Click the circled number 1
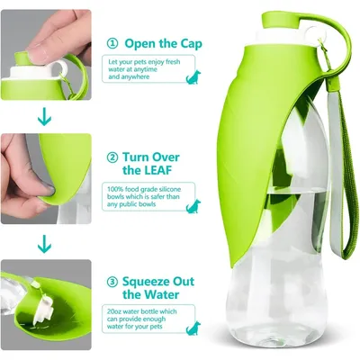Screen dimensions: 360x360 [x=112, y=44]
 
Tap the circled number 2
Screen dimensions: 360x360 [x=112, y=157]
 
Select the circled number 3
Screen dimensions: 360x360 [x=112, y=282]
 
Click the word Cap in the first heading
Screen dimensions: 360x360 [x=191, y=44]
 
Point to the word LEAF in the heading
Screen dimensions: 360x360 [x=156, y=170]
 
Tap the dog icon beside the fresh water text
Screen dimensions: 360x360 [x=193, y=76]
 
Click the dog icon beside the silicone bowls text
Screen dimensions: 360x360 [x=193, y=206]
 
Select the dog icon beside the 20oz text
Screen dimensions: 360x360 [x=193, y=328]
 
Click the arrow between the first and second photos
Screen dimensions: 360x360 [x=44, y=118]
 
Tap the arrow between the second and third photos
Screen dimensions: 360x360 [x=44, y=244]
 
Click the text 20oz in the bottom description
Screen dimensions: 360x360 [x=114, y=311]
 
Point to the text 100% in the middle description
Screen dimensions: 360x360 [x=114, y=189]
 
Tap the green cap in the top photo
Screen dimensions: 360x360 [x=22, y=58]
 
